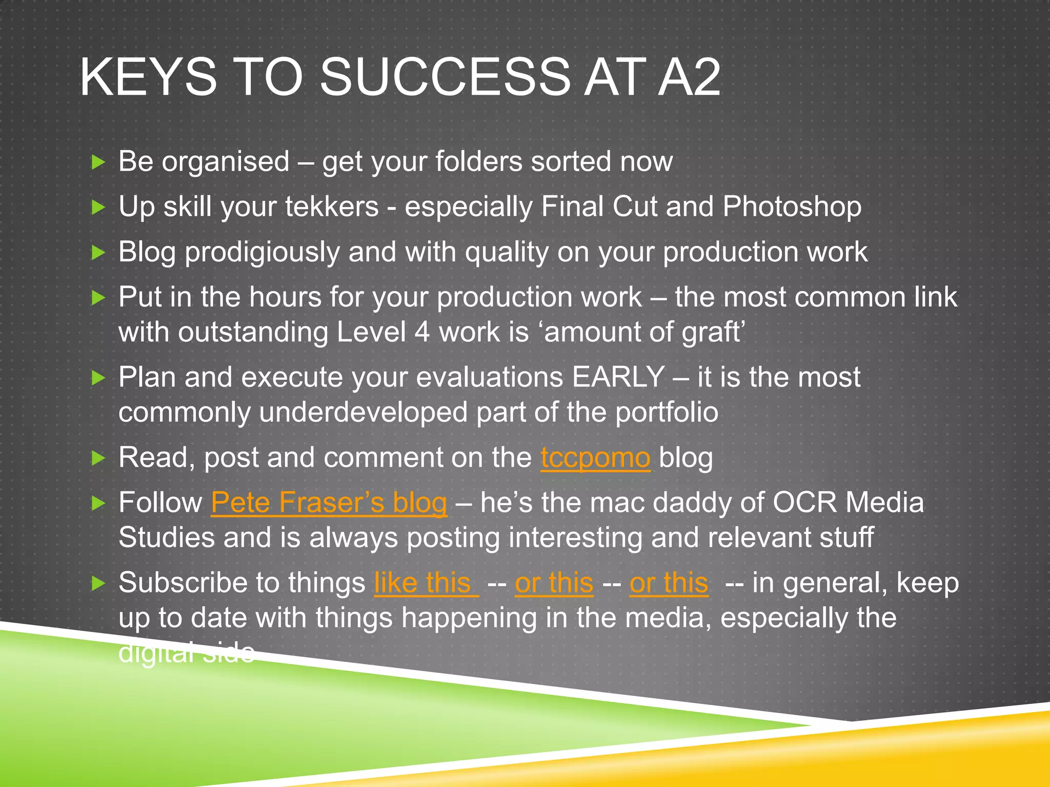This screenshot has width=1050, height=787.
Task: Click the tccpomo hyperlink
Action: [x=595, y=458]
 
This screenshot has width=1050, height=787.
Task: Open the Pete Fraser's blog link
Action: [x=329, y=503]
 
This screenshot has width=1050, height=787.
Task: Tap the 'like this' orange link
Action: [x=426, y=583]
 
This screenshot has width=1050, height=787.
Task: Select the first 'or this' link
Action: [x=554, y=583]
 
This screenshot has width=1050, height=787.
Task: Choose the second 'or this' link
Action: [x=669, y=583]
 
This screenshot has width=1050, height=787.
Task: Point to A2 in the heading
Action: [x=690, y=77]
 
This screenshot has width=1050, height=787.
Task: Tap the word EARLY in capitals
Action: [x=618, y=378]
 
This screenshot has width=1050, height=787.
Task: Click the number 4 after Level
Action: [x=421, y=332]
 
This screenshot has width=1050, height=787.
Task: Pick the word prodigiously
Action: [x=262, y=253]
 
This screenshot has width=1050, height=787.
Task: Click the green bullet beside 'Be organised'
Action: [x=97, y=163]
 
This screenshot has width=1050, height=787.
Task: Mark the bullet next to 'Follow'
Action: [x=97, y=503]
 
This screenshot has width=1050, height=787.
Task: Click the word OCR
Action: [x=804, y=503]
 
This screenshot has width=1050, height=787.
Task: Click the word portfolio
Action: [x=667, y=413]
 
